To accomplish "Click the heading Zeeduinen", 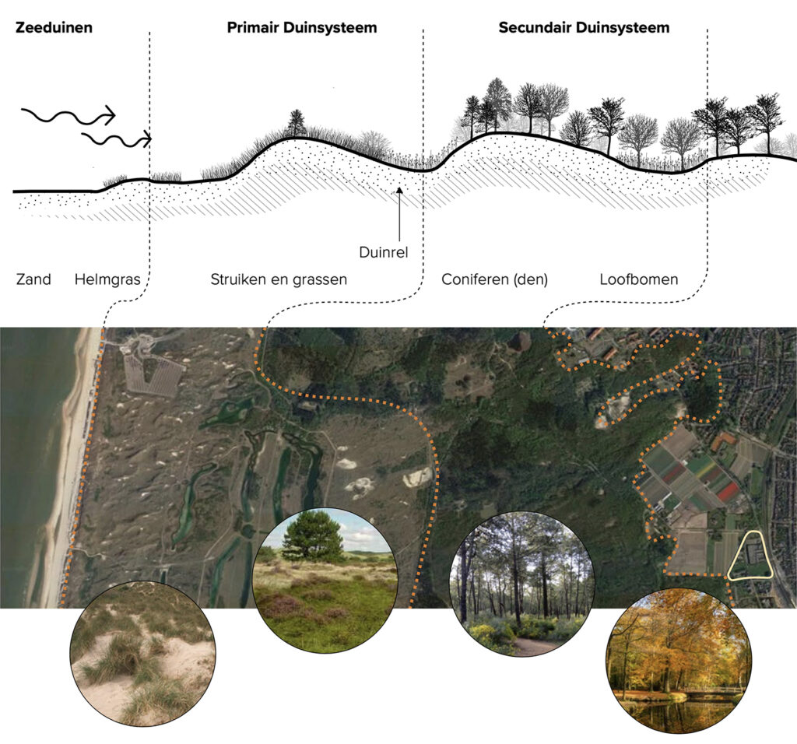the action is [x=54, y=27].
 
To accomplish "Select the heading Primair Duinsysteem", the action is [x=302, y=27].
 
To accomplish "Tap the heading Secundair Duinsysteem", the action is [x=584, y=27].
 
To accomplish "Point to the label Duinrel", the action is [x=383, y=252].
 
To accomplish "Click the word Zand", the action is [x=33, y=279].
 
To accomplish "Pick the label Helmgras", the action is [x=107, y=279].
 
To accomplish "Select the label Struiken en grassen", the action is [x=279, y=279].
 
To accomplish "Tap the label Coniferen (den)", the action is [x=494, y=279].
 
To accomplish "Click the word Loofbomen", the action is [x=639, y=279].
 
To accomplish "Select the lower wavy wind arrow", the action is [x=117, y=139].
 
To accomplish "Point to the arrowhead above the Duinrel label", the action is [x=399, y=191].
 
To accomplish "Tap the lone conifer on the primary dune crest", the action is [x=297, y=122].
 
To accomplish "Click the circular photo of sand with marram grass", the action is [x=143, y=654].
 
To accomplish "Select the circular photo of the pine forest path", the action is [x=522, y=584].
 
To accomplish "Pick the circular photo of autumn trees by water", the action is [x=679, y=660].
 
